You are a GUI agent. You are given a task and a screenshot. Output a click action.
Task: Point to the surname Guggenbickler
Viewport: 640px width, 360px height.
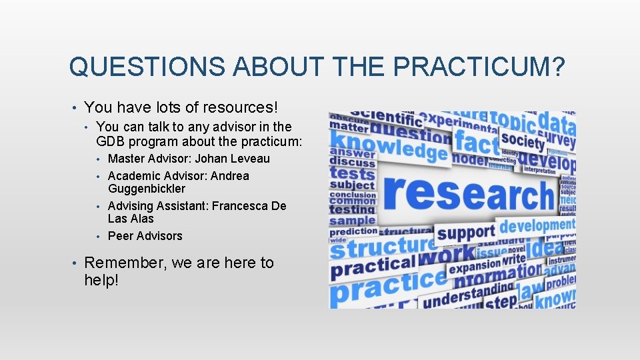tap(147, 189)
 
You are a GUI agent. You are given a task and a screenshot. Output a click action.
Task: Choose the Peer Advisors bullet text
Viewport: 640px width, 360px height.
tap(145, 236)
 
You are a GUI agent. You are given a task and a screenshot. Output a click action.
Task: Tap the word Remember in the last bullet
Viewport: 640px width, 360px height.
tap(125, 263)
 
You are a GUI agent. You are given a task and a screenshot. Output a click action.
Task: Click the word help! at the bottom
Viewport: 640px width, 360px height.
tap(101, 280)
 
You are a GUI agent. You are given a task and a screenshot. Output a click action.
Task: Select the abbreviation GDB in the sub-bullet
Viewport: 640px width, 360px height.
tap(111, 141)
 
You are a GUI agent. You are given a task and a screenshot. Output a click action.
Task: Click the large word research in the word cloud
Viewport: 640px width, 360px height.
tap(469, 193)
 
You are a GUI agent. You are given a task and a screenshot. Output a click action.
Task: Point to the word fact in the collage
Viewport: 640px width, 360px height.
tap(476, 141)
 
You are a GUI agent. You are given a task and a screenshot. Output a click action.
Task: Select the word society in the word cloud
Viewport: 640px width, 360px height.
tap(523, 140)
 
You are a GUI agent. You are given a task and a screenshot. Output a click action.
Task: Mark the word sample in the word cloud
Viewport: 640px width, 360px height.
tap(353, 221)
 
